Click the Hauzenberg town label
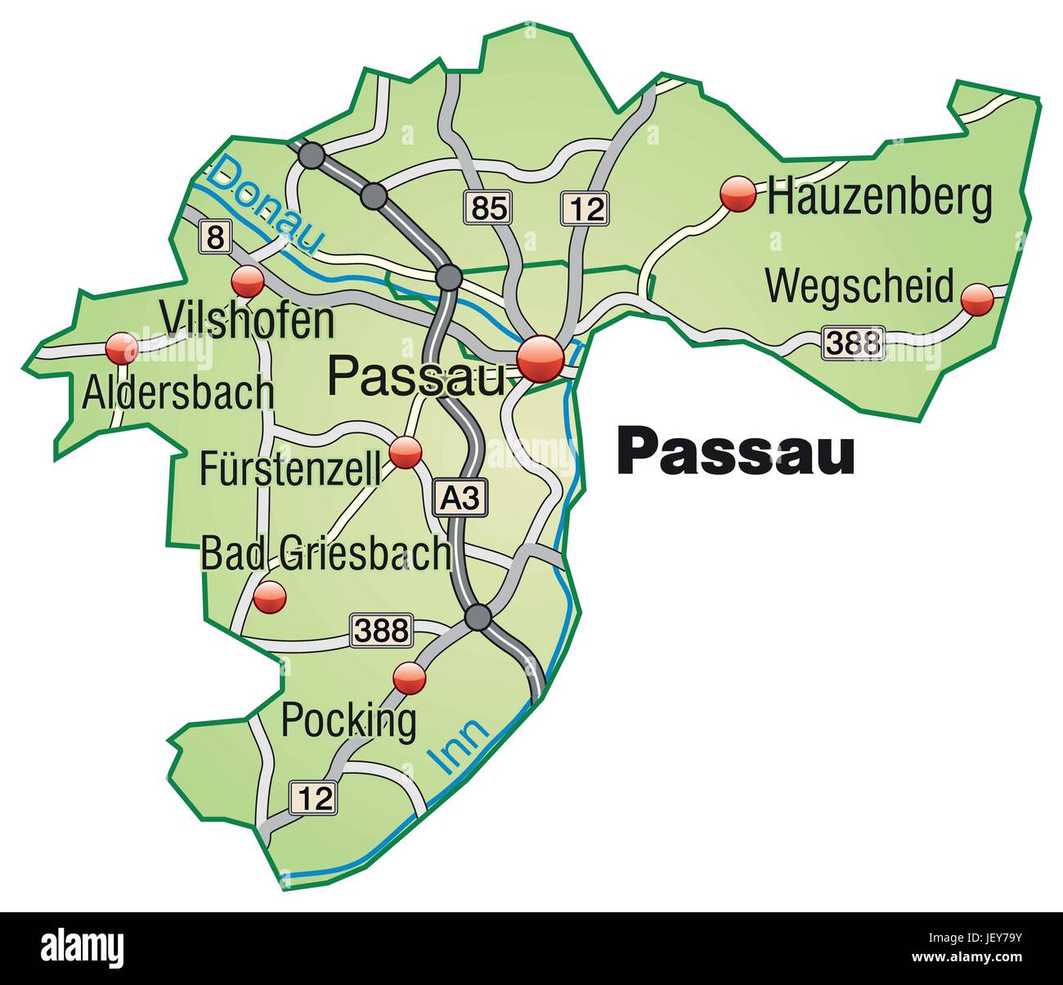coord(879,199)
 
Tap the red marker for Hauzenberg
coord(738,195)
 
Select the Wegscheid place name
coord(859,286)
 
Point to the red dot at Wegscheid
coord(976,299)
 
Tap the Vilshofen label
coord(248,321)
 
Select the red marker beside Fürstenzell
coord(406,452)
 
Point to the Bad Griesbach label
coord(325,553)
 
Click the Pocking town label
coord(348,720)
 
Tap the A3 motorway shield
coord(460,497)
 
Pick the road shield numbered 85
coord(489,208)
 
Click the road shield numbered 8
coord(214,238)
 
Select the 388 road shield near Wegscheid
coord(854,342)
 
